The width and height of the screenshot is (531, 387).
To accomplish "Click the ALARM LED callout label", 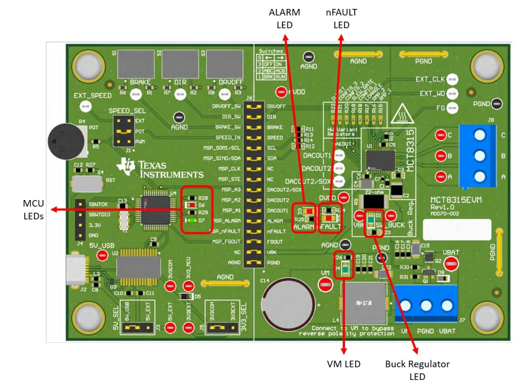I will (285, 18).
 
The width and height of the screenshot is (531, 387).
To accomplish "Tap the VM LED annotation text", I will (344, 364).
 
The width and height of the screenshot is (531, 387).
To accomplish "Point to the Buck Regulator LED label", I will (417, 369).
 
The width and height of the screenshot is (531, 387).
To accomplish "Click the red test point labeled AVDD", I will (281, 92).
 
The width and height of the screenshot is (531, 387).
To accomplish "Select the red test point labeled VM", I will (325, 285).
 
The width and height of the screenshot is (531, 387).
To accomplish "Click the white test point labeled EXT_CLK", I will (452, 79).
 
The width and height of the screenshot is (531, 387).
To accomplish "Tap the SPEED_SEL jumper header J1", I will (124, 131).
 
